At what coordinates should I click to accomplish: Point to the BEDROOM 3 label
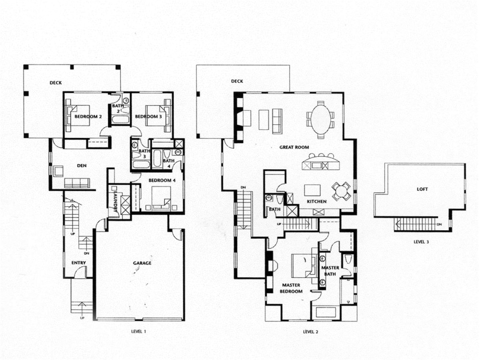[149, 116]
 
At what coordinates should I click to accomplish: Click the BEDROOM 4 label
[162, 180]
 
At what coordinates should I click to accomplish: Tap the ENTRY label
[78, 263]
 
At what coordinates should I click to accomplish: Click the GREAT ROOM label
[294, 147]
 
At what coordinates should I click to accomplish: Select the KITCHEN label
[316, 202]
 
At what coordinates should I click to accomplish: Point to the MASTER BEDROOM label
[292, 288]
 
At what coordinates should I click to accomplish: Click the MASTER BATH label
[330, 271]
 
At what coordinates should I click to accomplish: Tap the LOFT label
[422, 189]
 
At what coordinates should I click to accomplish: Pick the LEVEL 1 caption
[139, 331]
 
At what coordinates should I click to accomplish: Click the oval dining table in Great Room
[320, 116]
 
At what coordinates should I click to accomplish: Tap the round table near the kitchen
[341, 191]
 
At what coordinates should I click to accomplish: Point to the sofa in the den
[76, 183]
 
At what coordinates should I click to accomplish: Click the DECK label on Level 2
[237, 81]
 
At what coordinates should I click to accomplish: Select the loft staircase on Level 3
[415, 225]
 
